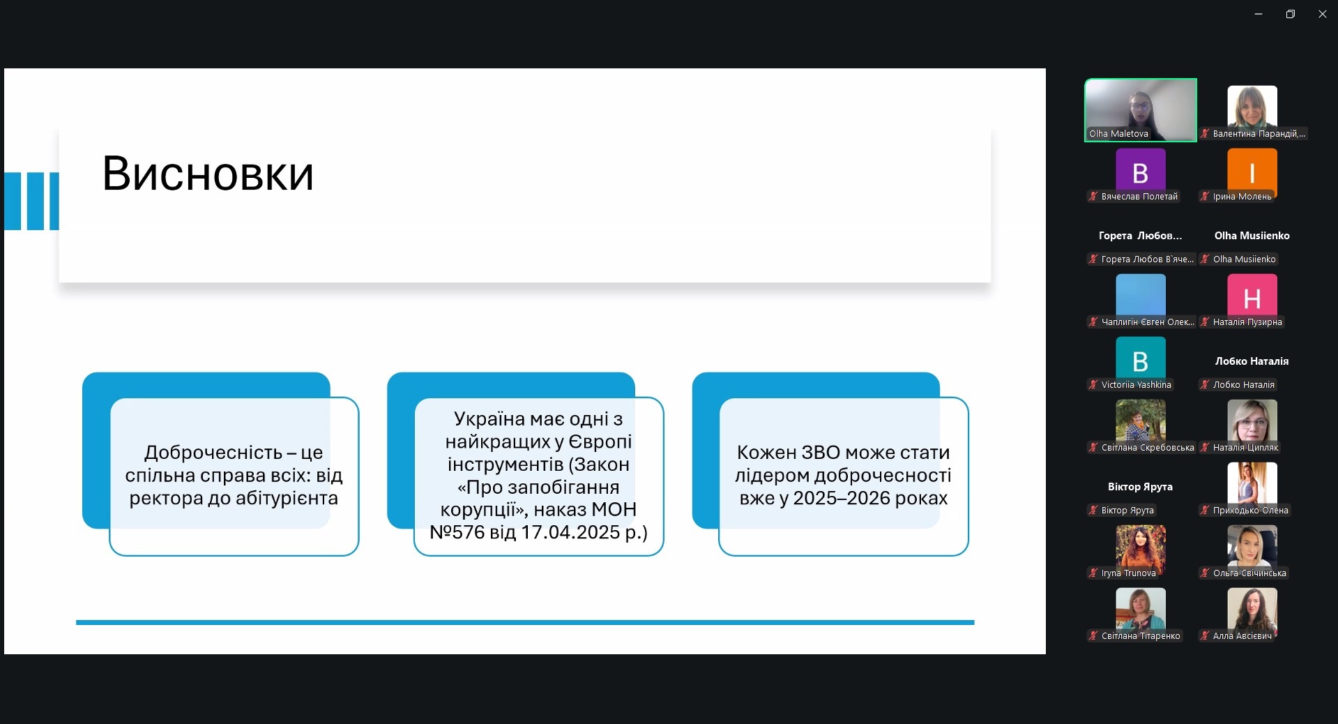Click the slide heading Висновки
click(x=208, y=174)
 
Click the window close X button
click(x=1322, y=14)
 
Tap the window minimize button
click(x=1259, y=14)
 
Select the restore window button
click(x=1291, y=14)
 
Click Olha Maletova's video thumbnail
click(x=1141, y=110)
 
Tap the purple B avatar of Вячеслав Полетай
click(x=1141, y=172)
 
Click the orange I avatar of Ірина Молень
click(x=1252, y=172)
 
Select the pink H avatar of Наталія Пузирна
click(x=1252, y=298)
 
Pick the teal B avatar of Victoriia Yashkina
click(x=1141, y=361)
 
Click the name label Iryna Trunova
click(x=1128, y=573)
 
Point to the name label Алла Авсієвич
click(x=1242, y=636)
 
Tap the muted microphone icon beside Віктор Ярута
click(x=1093, y=511)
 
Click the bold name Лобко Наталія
click(x=1252, y=361)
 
